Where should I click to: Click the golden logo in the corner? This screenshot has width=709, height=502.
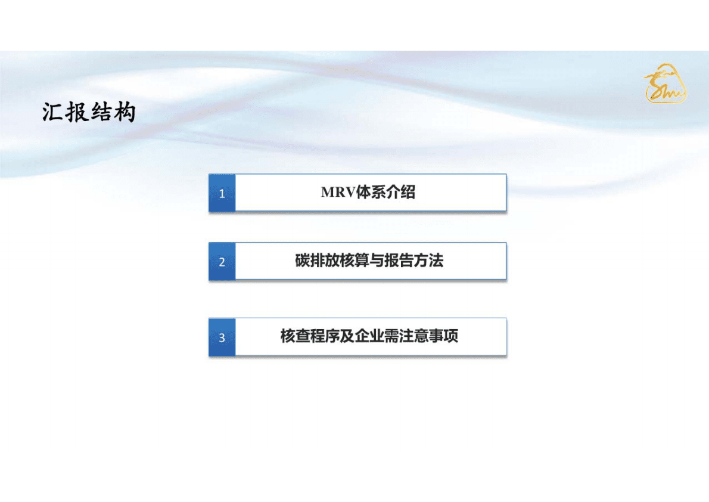click(665, 83)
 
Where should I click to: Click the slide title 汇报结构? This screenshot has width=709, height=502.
click(89, 112)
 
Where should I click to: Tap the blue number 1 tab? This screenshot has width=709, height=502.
click(222, 193)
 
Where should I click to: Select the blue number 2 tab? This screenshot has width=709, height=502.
click(222, 262)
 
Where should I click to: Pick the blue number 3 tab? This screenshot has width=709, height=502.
click(222, 337)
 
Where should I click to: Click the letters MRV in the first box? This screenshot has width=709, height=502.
click(338, 193)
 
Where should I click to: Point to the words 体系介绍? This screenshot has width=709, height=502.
click(385, 192)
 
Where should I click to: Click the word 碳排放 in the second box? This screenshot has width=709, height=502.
click(317, 261)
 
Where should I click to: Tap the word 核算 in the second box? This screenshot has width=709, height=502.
click(354, 261)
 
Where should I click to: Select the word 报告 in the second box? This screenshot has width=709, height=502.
click(399, 261)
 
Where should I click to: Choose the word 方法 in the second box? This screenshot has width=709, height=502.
click(428, 261)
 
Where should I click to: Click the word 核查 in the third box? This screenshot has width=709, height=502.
click(295, 336)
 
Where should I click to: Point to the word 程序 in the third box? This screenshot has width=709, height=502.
click(325, 336)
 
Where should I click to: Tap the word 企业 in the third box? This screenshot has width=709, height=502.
click(369, 336)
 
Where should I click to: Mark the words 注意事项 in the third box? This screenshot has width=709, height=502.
click(428, 336)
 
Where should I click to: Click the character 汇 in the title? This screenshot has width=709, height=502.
click(54, 112)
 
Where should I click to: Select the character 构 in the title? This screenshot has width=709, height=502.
click(125, 112)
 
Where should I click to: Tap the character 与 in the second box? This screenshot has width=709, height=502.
click(377, 261)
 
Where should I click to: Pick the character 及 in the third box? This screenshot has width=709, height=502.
click(347, 336)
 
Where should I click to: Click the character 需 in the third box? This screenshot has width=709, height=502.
click(391, 336)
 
